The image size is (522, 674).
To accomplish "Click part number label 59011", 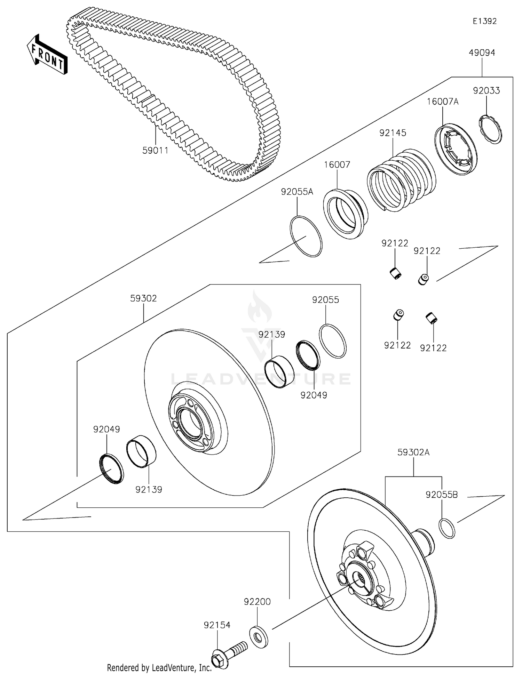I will tap(155, 151).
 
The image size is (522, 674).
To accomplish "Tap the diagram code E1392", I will tap(484, 21).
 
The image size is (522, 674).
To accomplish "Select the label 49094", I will tap(482, 53).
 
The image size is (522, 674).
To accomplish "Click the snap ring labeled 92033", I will tap(490, 129).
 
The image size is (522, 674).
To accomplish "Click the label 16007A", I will tap(443, 102).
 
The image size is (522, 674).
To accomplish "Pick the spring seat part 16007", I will tap(345, 214).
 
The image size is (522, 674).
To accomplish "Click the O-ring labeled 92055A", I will tap(306, 236).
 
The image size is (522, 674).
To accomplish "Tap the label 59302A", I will tap(413, 452).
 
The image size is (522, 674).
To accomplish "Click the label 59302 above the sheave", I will tap(143, 298).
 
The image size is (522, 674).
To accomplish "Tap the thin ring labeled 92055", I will tap(333, 341).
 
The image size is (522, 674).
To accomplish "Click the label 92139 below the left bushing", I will tap(149, 490).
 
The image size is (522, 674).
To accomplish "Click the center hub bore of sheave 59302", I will tap(190, 423).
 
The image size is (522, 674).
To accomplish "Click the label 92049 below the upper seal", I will tap(314, 395).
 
